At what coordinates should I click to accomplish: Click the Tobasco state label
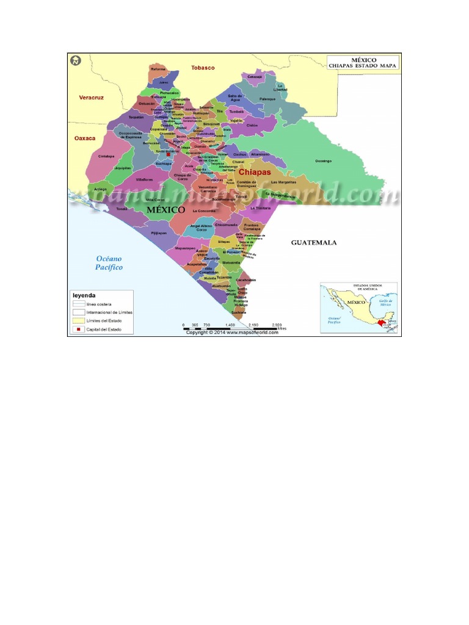tap(203, 67)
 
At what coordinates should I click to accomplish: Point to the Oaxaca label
tap(85, 138)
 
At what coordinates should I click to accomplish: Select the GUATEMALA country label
tap(313, 242)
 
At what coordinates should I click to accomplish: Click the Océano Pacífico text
tap(109, 262)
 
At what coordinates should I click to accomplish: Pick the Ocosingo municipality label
tap(323, 161)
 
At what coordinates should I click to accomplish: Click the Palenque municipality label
tap(267, 99)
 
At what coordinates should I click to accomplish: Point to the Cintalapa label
tap(106, 156)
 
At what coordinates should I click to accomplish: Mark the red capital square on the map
tap(169, 155)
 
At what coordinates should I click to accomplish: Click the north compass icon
tap(75, 60)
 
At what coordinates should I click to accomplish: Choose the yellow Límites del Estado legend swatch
tap(77, 320)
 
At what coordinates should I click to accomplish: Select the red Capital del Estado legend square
tap(77, 329)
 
